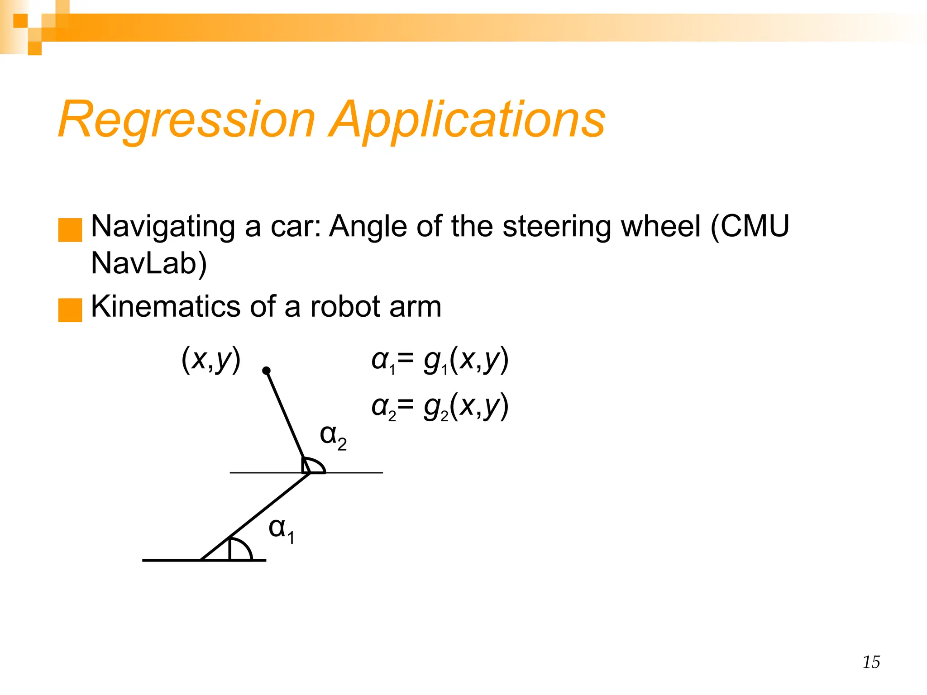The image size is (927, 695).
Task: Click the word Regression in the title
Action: coord(186,119)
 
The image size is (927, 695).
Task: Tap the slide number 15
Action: coord(871,662)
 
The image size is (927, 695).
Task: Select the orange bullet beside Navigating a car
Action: coord(70,230)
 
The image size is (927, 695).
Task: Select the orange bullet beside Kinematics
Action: coord(70,310)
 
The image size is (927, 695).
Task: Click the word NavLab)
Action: coord(149,263)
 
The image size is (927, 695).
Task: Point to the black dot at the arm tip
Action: coord(267,371)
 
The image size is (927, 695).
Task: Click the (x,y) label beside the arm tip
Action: coord(211,360)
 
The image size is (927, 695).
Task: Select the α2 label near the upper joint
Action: coord(333,437)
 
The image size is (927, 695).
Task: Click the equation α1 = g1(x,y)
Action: coord(440,361)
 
